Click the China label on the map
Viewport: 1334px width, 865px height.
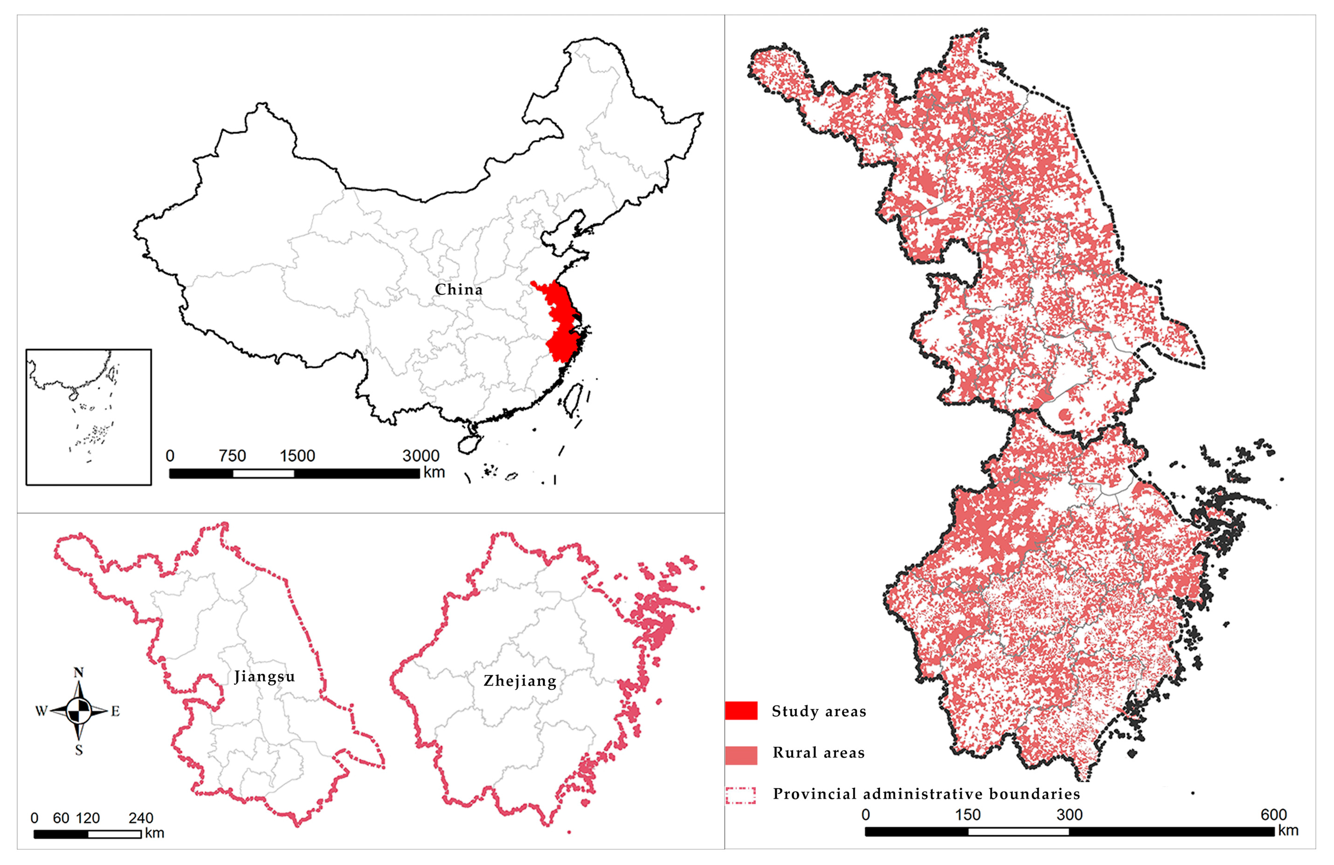pyautogui.click(x=458, y=289)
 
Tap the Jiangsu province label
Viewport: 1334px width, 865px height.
pyautogui.click(x=264, y=676)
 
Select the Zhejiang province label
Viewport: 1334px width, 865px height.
pyautogui.click(x=520, y=680)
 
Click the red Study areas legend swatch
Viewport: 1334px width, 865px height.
pyautogui.click(x=741, y=710)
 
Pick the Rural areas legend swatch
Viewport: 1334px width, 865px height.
pyautogui.click(x=741, y=755)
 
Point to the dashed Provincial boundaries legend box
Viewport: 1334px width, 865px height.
pyautogui.click(x=741, y=795)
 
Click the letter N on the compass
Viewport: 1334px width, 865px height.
pyautogui.click(x=79, y=672)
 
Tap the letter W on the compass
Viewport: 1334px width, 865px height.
pyautogui.click(x=41, y=711)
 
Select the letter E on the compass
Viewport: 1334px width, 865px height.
pyautogui.click(x=115, y=711)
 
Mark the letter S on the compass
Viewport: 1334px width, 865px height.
pyautogui.click(x=79, y=750)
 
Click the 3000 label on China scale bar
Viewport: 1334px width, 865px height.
pyautogui.click(x=420, y=455)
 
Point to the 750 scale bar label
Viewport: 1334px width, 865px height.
pyautogui.click(x=232, y=455)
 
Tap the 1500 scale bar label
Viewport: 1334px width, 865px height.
pyautogui.click(x=297, y=455)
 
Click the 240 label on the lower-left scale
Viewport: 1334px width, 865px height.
pyautogui.click(x=141, y=818)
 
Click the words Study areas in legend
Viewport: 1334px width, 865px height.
pyautogui.click(x=819, y=711)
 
